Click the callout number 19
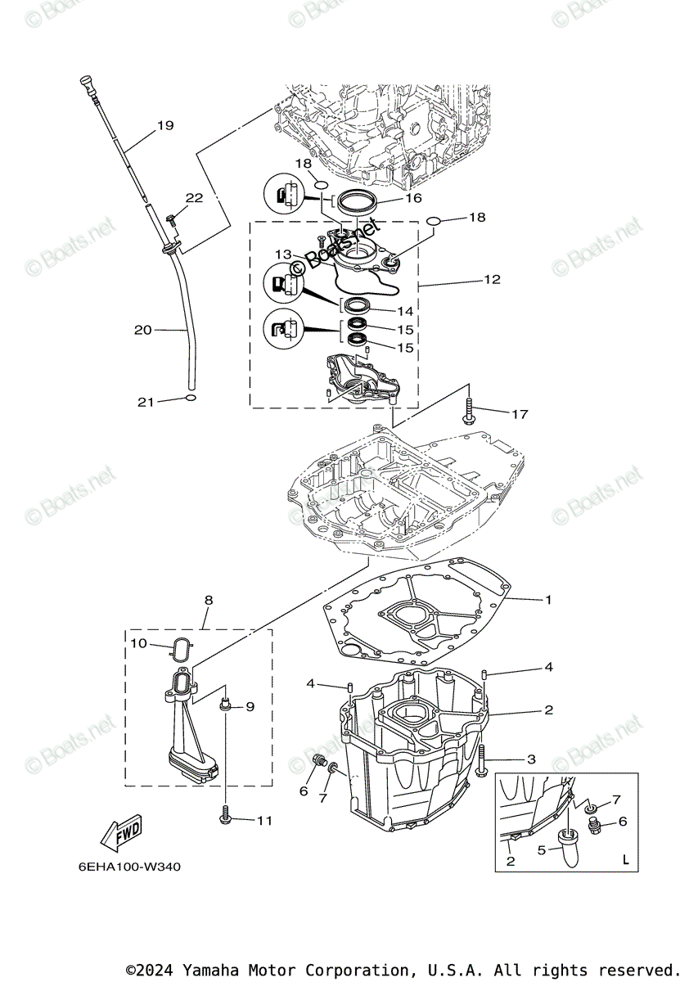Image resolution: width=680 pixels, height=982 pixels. click(x=165, y=126)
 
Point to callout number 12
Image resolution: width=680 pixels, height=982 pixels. click(x=492, y=279)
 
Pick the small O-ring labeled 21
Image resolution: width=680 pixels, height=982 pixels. click(x=191, y=399)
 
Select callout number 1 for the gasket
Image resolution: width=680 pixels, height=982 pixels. click(x=548, y=600)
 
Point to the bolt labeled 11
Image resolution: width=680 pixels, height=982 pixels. click(x=225, y=814)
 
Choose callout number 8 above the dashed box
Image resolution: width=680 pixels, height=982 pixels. click(x=209, y=600)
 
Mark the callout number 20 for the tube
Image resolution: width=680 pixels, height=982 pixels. click(x=143, y=330)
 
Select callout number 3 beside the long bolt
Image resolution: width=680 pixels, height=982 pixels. click(x=530, y=759)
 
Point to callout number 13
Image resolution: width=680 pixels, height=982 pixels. click(x=283, y=255)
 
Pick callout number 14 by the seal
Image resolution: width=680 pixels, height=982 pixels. click(x=405, y=311)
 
